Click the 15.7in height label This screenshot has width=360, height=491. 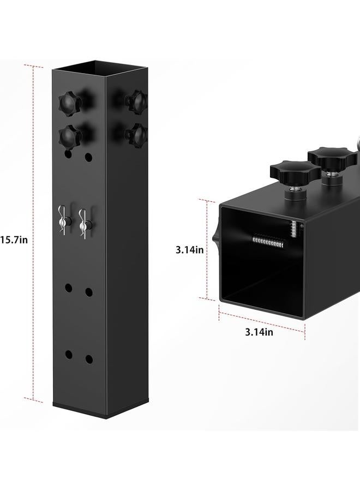click(14, 239)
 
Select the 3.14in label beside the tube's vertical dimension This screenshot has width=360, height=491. click(190, 250)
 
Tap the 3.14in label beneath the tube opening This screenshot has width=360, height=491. click(259, 332)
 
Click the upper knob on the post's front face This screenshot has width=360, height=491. click(69, 102)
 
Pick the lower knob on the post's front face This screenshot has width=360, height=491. click(70, 134)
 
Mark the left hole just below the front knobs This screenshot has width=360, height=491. click(68, 155)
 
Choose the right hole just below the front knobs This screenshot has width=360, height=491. click(88, 158)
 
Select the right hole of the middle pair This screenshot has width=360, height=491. click(88, 292)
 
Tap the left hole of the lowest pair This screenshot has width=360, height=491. click(69, 355)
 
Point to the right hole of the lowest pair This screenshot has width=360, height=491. click(88, 360)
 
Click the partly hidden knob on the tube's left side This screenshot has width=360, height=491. click(216, 235)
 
